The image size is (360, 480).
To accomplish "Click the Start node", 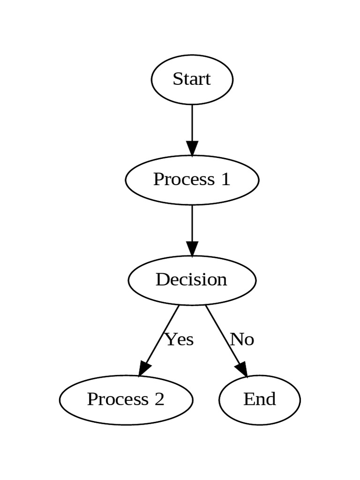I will (192, 79).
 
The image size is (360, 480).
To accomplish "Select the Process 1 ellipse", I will (192, 180).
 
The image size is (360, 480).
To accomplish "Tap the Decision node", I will (192, 280).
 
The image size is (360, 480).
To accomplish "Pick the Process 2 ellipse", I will (126, 400).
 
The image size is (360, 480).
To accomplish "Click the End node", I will (259, 400).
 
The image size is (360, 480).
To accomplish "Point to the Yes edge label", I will (180, 339).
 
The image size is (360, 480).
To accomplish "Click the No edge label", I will (242, 339).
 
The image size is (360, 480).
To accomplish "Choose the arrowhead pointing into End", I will (242, 369).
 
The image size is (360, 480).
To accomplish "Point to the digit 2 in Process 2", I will (159, 399).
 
